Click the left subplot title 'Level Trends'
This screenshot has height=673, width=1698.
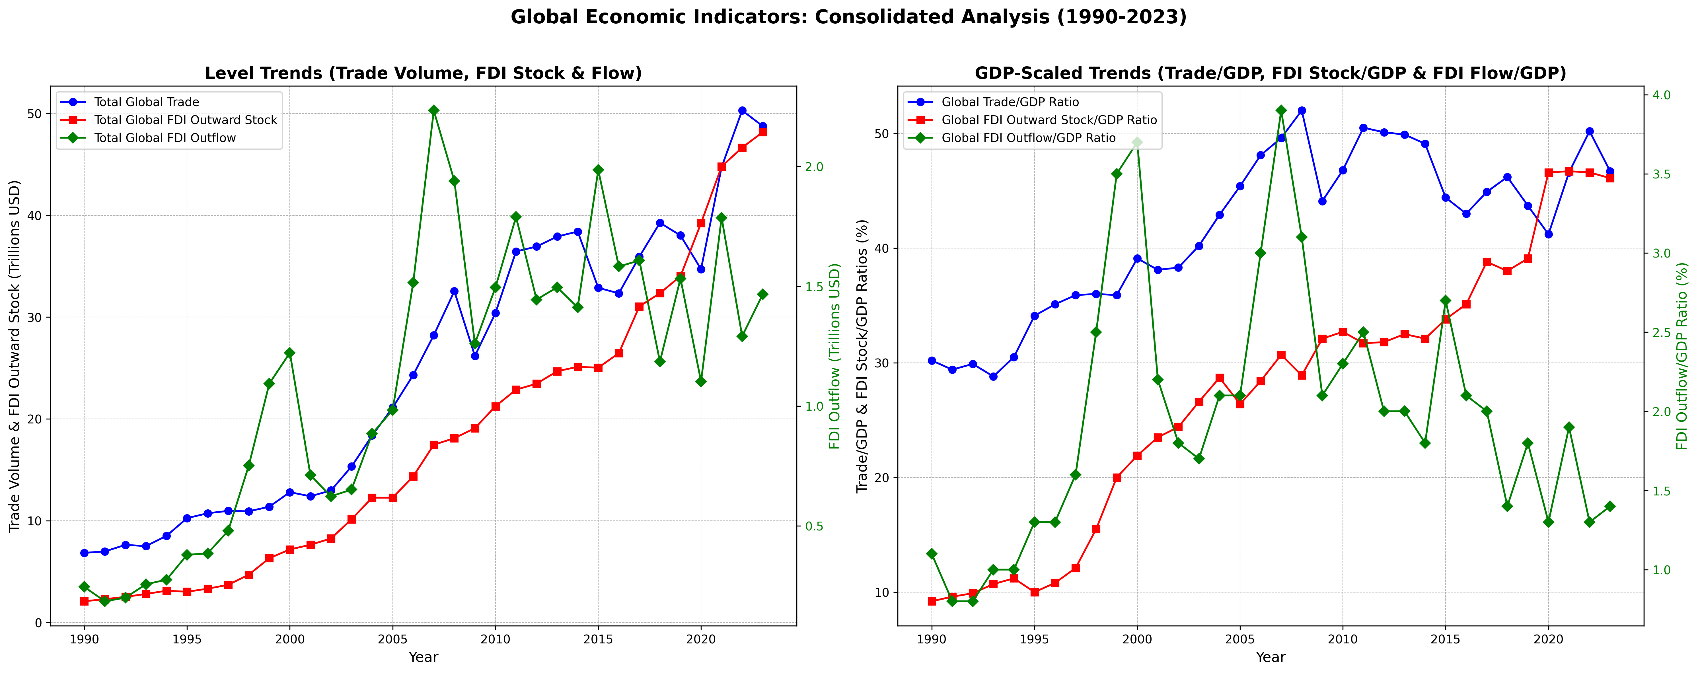423,73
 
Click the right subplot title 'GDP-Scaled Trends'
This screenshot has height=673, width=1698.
1270,73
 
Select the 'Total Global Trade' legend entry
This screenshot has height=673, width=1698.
146,102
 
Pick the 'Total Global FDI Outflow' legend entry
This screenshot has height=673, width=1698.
165,138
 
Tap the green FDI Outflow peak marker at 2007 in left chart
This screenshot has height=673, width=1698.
434,111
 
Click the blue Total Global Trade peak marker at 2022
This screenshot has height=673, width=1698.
742,111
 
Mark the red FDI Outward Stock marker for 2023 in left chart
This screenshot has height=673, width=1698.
763,132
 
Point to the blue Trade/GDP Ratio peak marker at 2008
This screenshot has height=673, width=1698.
1302,111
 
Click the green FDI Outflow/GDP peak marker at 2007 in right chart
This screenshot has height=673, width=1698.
1281,111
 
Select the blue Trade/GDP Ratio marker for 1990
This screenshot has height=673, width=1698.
931,361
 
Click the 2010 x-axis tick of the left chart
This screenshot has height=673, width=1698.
495,639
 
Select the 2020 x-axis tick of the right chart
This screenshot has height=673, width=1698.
1548,639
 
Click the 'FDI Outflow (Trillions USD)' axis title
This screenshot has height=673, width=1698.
835,356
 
